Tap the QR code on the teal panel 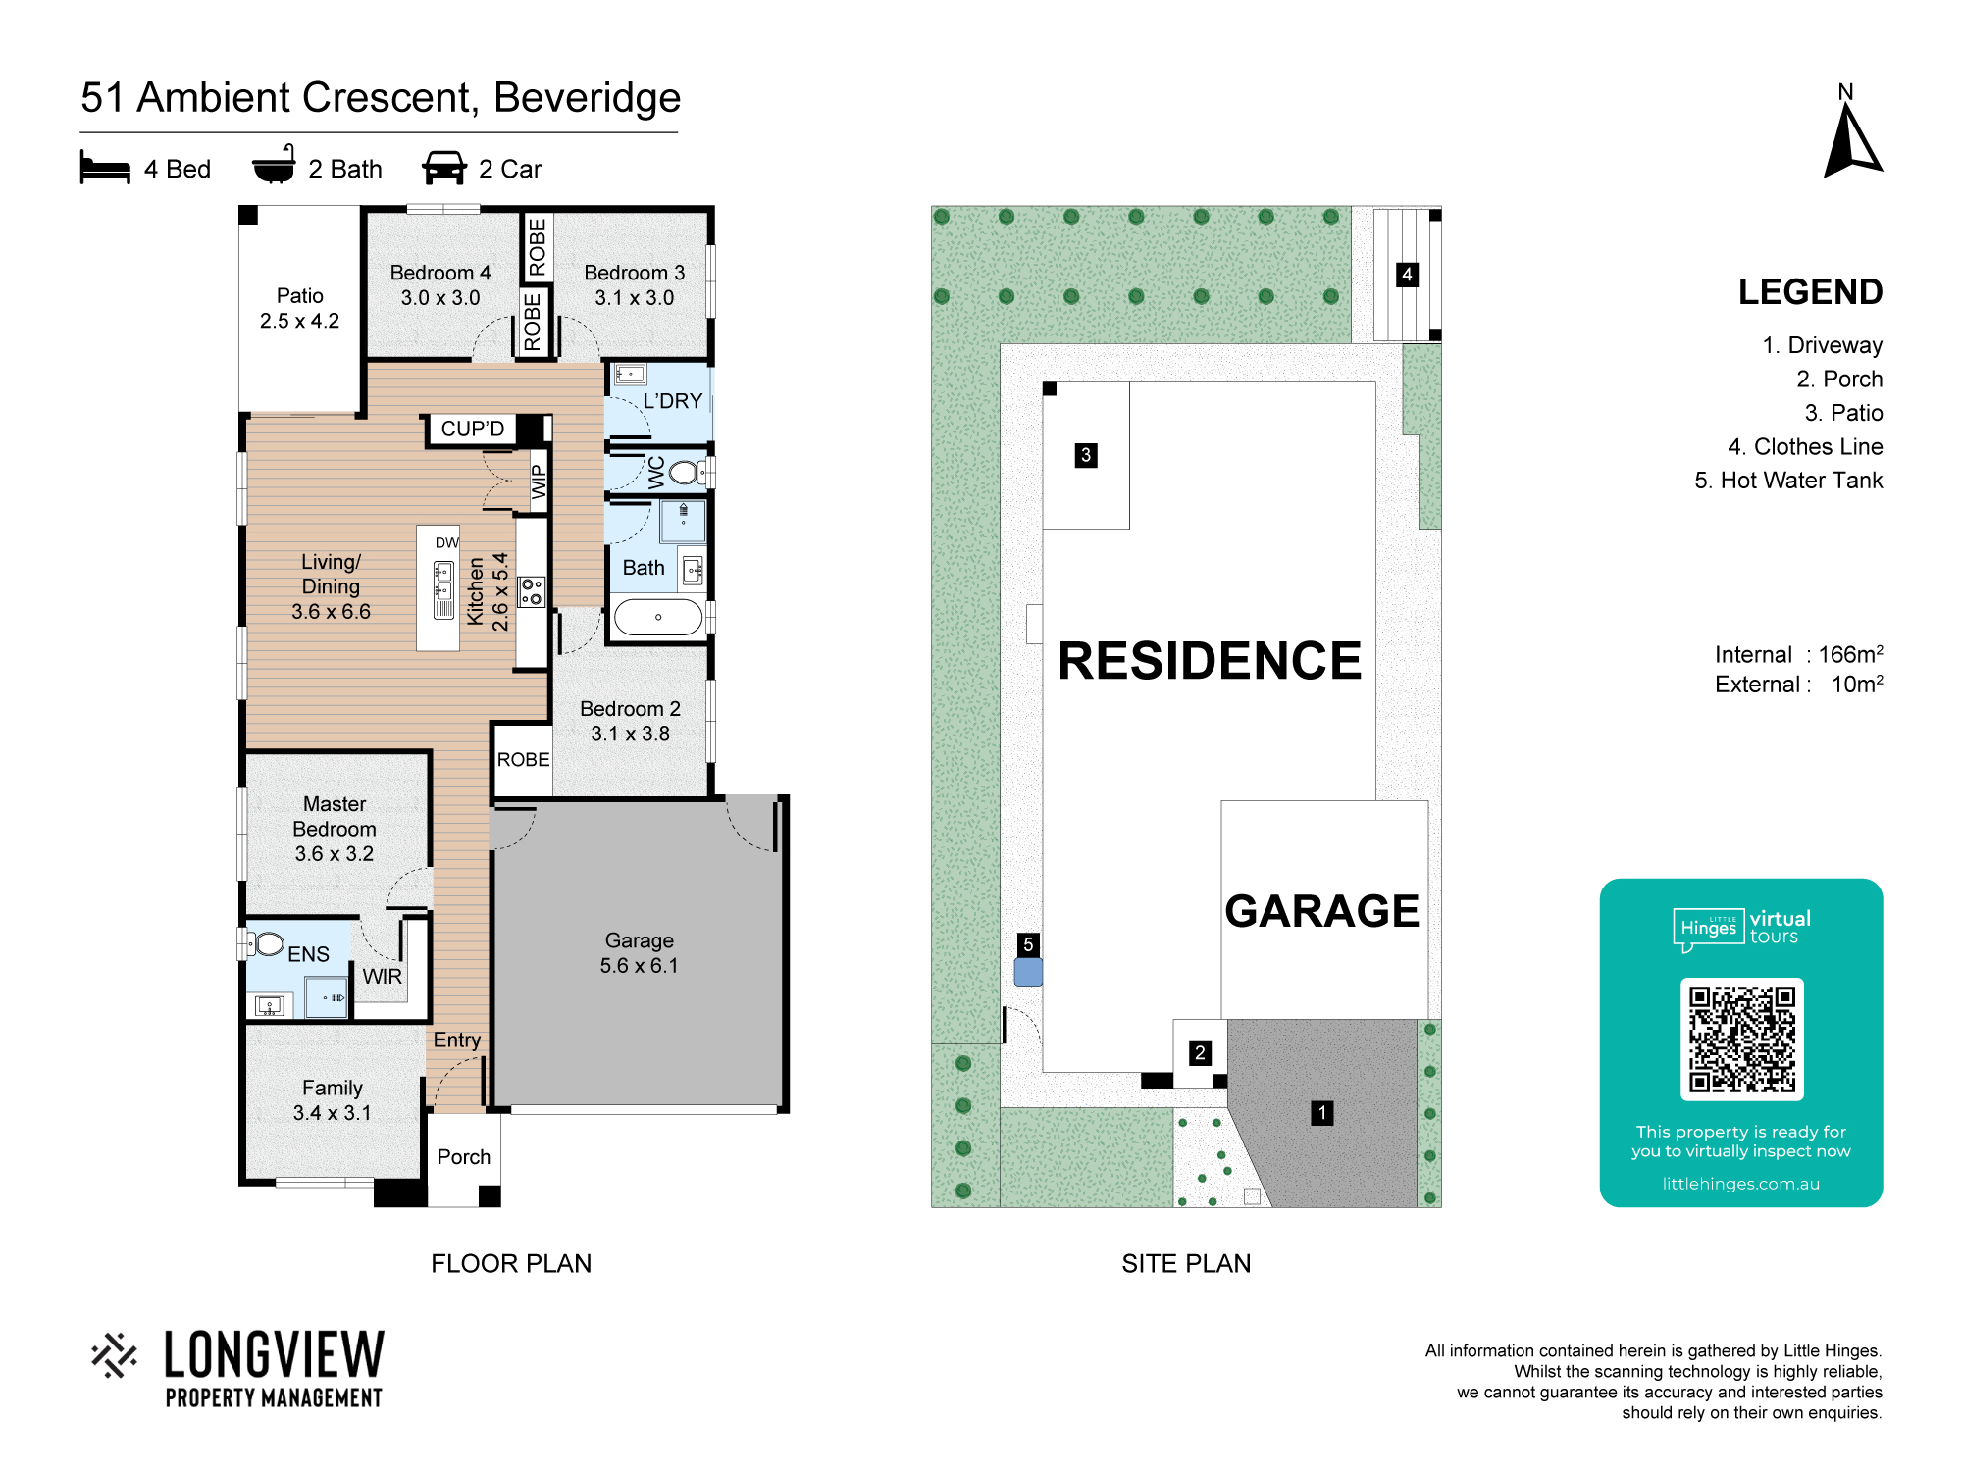click(x=1741, y=1040)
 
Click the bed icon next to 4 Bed click(x=105, y=168)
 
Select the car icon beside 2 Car click(x=444, y=168)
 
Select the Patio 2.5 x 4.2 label click(x=299, y=308)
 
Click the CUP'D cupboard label click(x=472, y=429)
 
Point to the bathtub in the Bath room click(x=657, y=618)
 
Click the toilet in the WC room click(x=687, y=473)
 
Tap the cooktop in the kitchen click(x=532, y=591)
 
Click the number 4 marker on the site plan click(x=1407, y=275)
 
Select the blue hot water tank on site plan click(x=1028, y=972)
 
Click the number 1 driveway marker click(x=1322, y=1113)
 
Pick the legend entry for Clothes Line click(x=1805, y=447)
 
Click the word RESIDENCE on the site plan click(x=1210, y=661)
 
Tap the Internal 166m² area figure click(x=1799, y=654)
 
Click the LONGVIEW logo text click(x=274, y=1355)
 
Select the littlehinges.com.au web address click(x=1741, y=1184)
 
